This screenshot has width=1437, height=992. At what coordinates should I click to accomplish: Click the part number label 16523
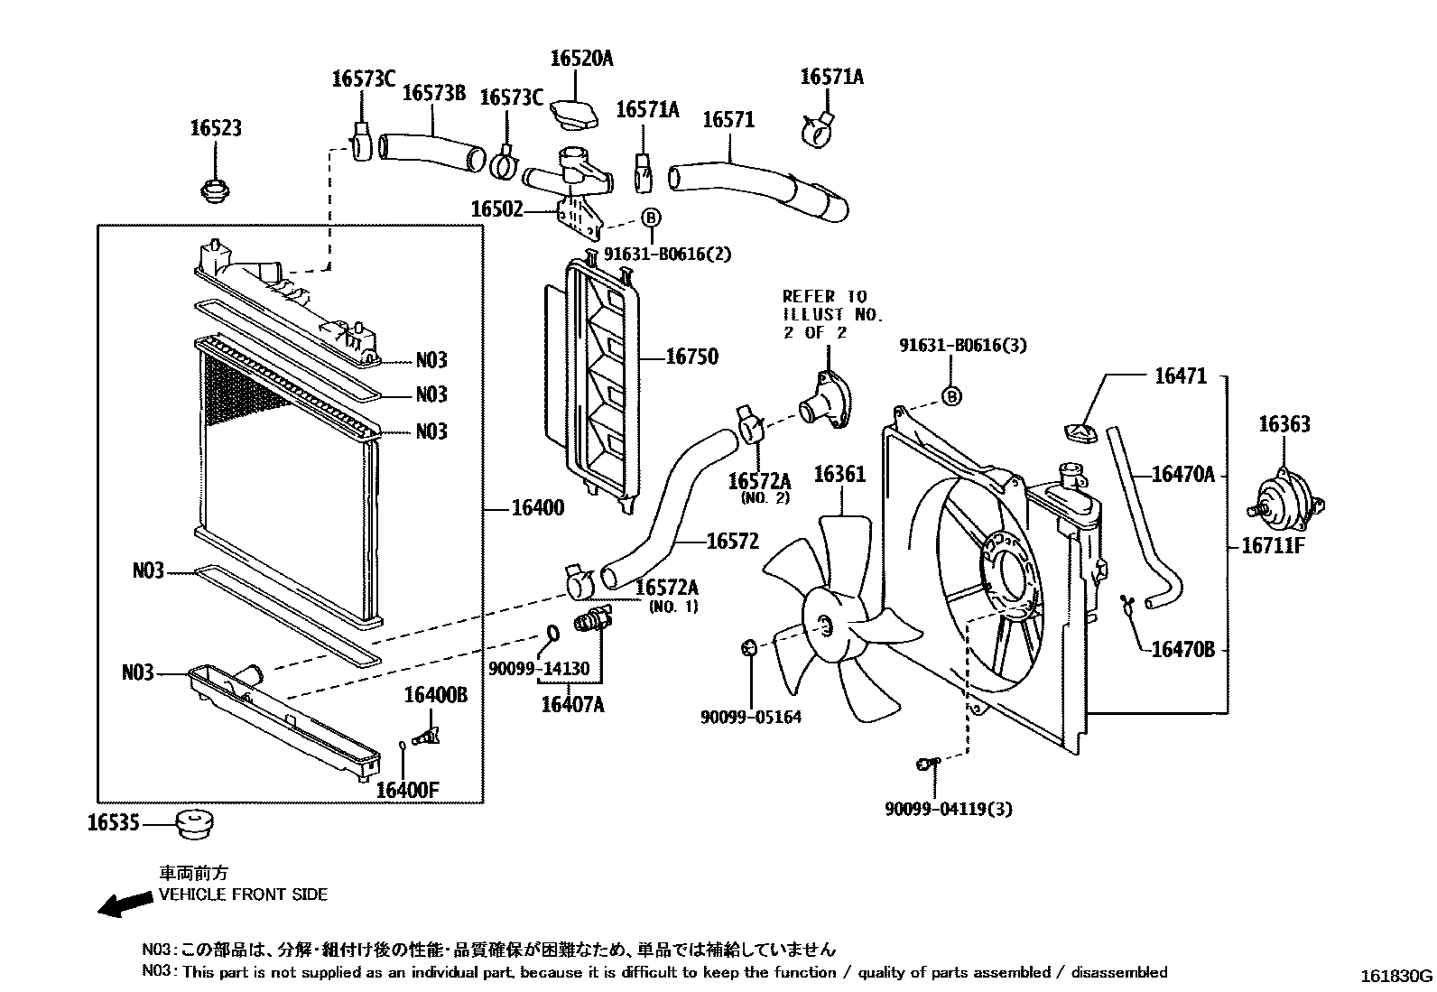click(x=215, y=128)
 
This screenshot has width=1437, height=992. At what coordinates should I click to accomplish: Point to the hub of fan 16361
click(x=823, y=624)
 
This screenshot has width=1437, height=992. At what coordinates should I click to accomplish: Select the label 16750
click(x=691, y=357)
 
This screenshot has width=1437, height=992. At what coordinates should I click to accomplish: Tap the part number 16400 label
click(x=537, y=508)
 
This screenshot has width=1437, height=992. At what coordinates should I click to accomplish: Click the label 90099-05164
click(x=750, y=717)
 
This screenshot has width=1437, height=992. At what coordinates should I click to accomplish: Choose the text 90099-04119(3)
click(x=948, y=809)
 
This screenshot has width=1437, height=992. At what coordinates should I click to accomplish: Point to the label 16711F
click(x=1274, y=545)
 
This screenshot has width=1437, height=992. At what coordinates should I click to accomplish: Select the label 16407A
click(x=572, y=704)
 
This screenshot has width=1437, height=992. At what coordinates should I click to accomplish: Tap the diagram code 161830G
click(x=1396, y=976)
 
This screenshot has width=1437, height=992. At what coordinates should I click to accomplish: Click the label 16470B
click(x=1183, y=648)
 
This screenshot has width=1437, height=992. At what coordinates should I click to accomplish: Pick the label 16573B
click(x=433, y=93)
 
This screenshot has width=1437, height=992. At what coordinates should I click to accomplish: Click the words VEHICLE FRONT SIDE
click(x=243, y=895)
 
